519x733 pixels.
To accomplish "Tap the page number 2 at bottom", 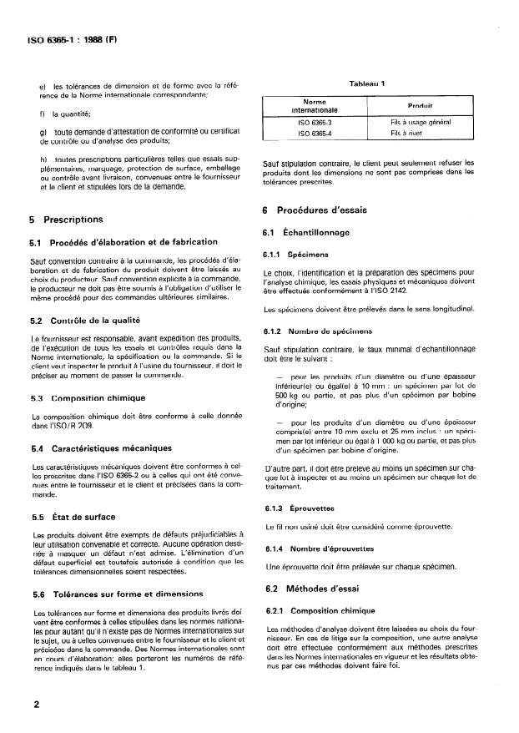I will tap(36, 704).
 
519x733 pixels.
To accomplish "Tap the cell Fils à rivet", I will tap(409, 133).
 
